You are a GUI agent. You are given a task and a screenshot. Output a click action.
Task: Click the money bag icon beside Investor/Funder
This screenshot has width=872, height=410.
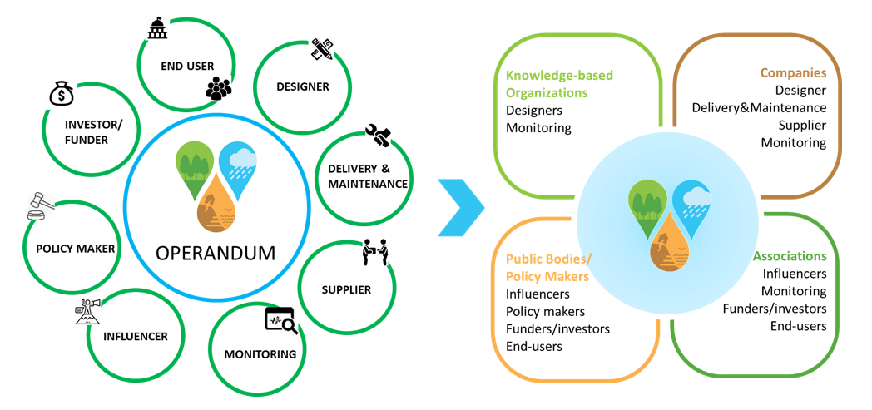pyautogui.click(x=62, y=93)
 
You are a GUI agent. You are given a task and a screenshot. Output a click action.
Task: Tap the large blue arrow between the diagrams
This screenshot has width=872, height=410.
pyautogui.click(x=462, y=204)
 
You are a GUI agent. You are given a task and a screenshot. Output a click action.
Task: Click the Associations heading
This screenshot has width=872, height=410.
pyautogui.click(x=790, y=256)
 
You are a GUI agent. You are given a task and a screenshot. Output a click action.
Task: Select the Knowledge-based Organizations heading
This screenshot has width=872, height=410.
pyautogui.click(x=559, y=84)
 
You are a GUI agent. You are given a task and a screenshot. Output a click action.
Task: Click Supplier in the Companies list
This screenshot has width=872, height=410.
pyautogui.click(x=802, y=125)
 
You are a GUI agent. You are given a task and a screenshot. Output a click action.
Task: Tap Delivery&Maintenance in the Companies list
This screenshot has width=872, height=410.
pyautogui.click(x=759, y=107)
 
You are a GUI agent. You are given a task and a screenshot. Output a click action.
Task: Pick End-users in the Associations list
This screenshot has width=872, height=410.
pyautogui.click(x=798, y=326)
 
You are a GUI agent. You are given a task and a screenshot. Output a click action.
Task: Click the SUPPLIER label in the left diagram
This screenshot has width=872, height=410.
pyautogui.click(x=346, y=289)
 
